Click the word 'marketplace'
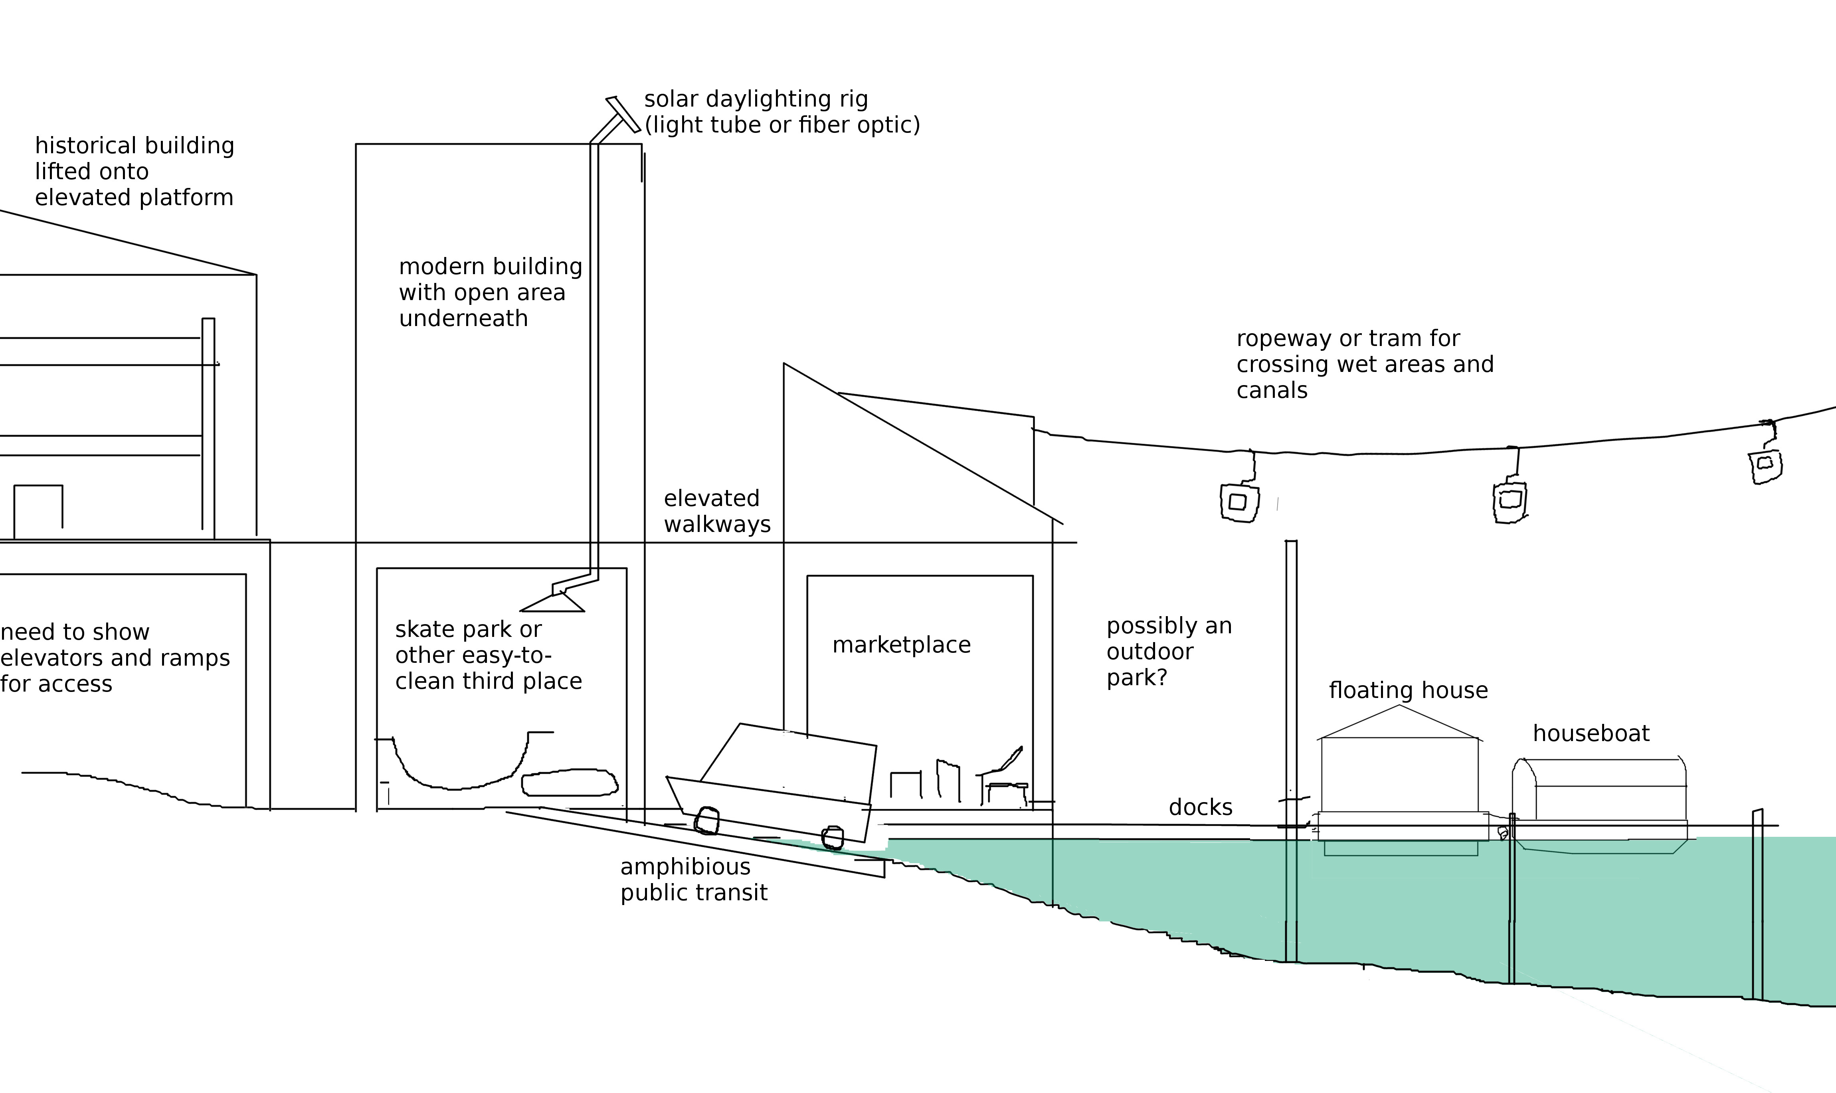(x=901, y=645)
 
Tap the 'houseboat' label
(x=1591, y=733)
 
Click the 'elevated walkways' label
(x=716, y=511)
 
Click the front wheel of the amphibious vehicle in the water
(x=833, y=838)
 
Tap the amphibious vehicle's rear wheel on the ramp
(x=707, y=820)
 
